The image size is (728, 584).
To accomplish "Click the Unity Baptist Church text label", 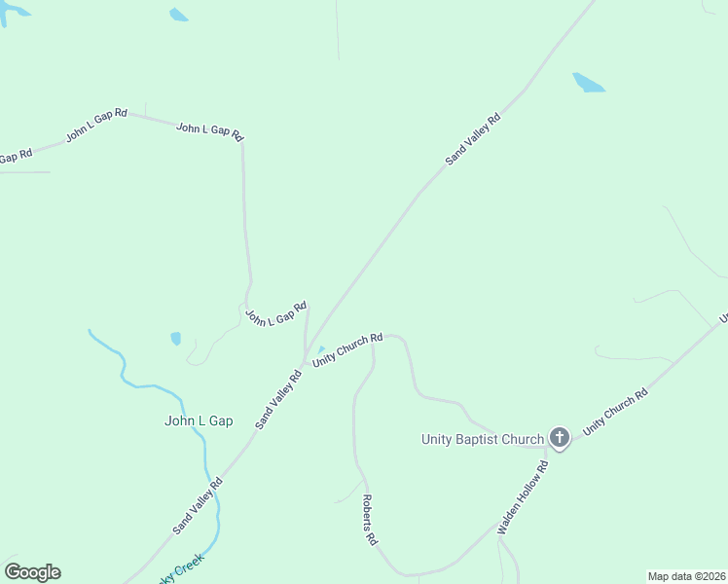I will tap(482, 439).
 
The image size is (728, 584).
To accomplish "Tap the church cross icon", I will tap(559, 437).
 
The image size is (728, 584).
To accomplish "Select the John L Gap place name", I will tap(199, 421).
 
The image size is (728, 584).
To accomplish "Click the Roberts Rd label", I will tap(369, 519).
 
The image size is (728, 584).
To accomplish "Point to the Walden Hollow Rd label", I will tap(524, 496).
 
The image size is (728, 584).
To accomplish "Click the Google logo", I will tap(32, 572).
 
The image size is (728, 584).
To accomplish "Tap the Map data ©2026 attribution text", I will tap(687, 576).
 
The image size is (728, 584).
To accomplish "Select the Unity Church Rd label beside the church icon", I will tap(615, 413).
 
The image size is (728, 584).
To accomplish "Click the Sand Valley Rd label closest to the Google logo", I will tap(198, 504).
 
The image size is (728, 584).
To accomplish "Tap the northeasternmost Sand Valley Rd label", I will tap(473, 138).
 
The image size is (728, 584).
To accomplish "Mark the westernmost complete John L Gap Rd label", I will tap(96, 127).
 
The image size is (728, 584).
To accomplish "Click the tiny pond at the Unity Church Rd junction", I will tap(320, 350).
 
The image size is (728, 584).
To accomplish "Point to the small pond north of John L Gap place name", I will tap(175, 339).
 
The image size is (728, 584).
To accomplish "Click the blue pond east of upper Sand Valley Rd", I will tap(588, 83).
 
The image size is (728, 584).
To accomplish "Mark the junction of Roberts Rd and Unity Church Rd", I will tap(374, 343).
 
